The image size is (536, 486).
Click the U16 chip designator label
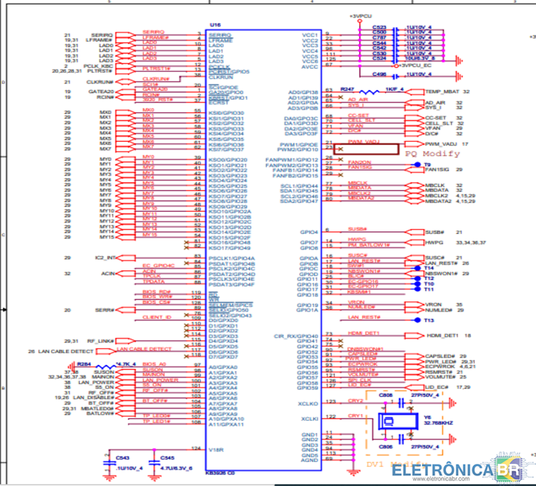coord(214,25)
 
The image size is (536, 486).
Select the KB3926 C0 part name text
coord(219,473)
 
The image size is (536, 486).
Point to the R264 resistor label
coord(84,364)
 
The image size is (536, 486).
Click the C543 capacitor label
coord(124,457)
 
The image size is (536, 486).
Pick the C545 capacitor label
coord(168,457)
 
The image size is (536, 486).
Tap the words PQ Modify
coord(432,154)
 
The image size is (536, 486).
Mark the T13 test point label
coord(428,320)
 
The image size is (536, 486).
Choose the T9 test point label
coord(427,165)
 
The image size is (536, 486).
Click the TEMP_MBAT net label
coord(442,92)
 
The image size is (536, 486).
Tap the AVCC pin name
coord(310,66)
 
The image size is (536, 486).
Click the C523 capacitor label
coord(379,27)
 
